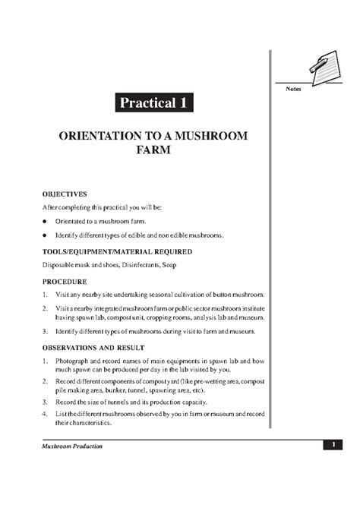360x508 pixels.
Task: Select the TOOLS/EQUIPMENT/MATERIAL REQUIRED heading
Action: [118, 251]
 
